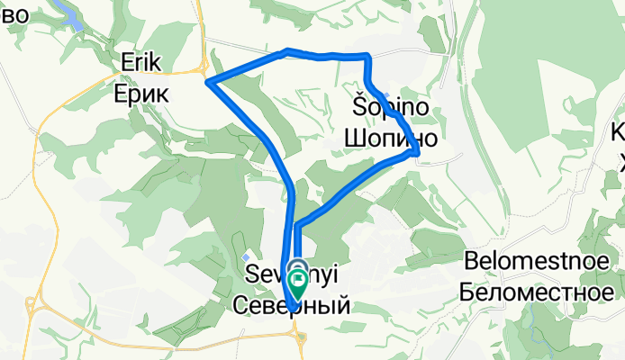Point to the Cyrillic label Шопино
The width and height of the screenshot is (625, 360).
(x=391, y=139)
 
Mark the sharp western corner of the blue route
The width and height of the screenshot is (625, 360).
(x=208, y=83)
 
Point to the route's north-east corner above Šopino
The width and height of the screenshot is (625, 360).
(x=367, y=57)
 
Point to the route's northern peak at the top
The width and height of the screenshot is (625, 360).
(x=286, y=50)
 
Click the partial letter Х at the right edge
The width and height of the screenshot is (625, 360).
(x=620, y=162)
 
